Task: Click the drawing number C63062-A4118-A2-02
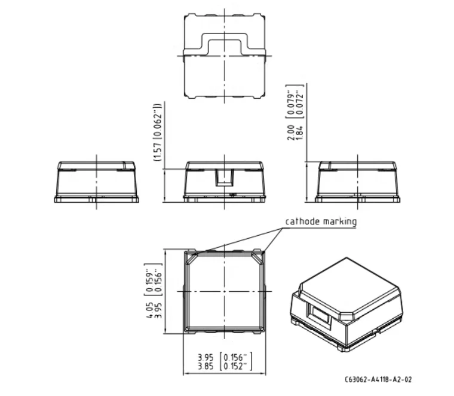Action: click(378, 379)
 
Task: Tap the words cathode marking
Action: click(321, 221)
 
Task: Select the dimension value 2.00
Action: click(291, 132)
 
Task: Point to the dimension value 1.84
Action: click(299, 132)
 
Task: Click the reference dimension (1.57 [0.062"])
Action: click(158, 132)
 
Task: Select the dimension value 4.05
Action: click(149, 310)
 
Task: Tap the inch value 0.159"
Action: click(149, 280)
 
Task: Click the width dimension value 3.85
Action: click(205, 366)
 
